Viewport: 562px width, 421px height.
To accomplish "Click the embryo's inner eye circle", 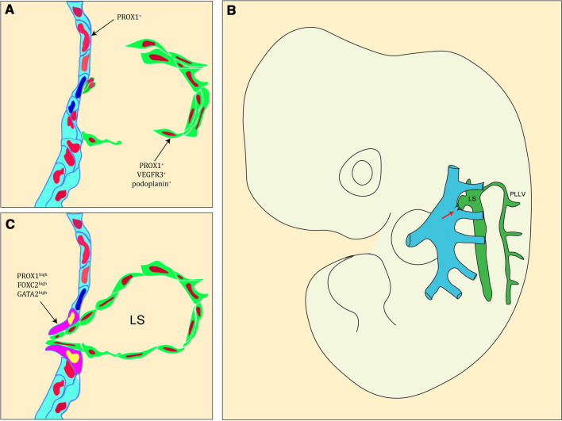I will tap(362, 170).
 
